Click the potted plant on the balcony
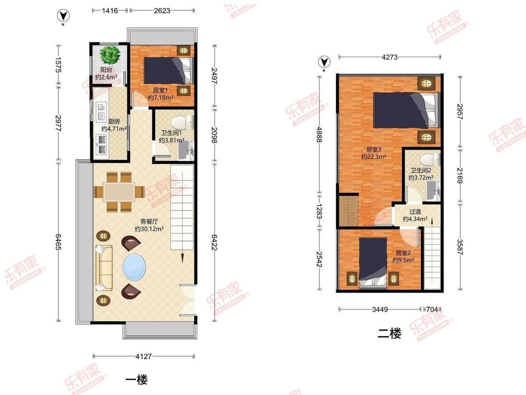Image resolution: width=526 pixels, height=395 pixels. (x=110, y=55)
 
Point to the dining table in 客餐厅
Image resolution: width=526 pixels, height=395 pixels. (x=119, y=192)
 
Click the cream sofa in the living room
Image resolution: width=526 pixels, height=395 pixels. (x=103, y=268)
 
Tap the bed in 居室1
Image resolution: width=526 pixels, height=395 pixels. (x=169, y=71)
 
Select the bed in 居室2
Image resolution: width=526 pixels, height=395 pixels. (x=373, y=263)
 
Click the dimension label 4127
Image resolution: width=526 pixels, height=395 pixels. (x=144, y=356)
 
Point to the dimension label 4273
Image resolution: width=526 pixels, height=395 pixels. (x=389, y=57)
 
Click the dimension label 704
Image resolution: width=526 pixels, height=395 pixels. (x=432, y=309)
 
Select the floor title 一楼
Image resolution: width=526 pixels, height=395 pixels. (x=137, y=380)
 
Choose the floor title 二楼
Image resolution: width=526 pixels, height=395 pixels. (x=389, y=334)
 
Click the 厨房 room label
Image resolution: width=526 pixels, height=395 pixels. (x=114, y=121)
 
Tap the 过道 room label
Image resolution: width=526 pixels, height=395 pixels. (x=415, y=212)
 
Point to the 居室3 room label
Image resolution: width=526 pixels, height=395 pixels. (x=374, y=149)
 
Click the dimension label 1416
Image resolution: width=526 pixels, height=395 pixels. (x=110, y=10)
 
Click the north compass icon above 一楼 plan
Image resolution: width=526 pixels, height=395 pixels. (x=63, y=15)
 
